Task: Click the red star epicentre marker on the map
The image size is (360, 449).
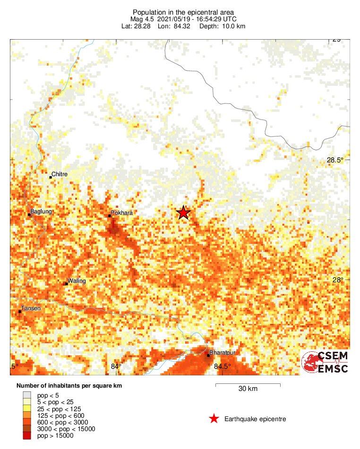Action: [x=183, y=213]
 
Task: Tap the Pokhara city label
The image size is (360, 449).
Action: [x=122, y=213]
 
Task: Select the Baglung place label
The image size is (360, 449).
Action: [x=41, y=212]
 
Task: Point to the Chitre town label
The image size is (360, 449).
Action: [x=60, y=174]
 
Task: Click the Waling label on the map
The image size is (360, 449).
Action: [x=77, y=281]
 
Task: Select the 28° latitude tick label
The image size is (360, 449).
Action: [x=337, y=280]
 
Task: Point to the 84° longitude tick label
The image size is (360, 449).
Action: [x=116, y=366]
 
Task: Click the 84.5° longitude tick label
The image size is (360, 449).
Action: [x=223, y=366]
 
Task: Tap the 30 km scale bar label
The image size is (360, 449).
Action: [x=248, y=389]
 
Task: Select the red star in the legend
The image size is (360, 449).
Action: [x=214, y=419]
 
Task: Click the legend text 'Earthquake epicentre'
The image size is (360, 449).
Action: [x=255, y=419]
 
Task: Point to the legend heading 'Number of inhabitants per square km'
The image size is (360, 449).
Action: [x=69, y=386]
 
